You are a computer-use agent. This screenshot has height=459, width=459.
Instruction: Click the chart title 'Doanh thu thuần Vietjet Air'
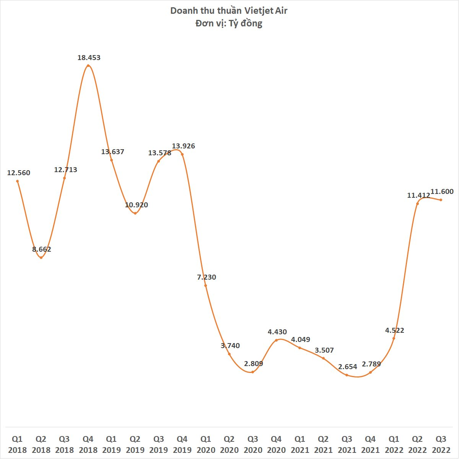tap(229, 10)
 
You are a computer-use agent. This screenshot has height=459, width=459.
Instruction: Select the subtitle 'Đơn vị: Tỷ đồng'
tap(229, 23)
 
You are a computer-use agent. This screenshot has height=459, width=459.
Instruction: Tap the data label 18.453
tap(89, 58)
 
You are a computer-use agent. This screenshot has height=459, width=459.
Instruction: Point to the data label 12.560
tap(18, 173)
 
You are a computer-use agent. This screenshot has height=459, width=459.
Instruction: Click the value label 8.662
tap(42, 249)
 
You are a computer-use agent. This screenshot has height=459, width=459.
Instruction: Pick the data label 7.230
tap(207, 277)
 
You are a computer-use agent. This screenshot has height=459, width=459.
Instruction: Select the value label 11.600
tap(442, 192)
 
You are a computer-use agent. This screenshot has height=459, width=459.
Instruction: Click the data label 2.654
tap(348, 367)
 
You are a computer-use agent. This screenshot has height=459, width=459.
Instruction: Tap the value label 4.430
tap(277, 332)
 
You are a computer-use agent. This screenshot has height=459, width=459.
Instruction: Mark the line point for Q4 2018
tap(88, 66)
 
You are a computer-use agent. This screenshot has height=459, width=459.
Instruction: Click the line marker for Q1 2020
tap(206, 285)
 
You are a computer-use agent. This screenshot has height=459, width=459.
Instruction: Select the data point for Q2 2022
tap(417, 203)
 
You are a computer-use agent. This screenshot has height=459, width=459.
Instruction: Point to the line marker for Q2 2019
tap(135, 213)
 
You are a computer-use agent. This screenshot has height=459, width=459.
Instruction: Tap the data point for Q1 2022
tap(394, 338)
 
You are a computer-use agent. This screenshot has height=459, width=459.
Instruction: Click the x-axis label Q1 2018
tap(17, 444)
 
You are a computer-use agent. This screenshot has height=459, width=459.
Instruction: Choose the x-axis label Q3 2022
tap(441, 444)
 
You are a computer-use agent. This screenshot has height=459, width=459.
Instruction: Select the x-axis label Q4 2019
tap(182, 444)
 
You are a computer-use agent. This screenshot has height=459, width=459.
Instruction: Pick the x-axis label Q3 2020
tap(253, 444)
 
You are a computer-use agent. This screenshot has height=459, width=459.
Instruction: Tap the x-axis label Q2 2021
tap(323, 444)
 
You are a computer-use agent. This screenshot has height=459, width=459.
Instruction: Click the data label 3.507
tap(324, 350)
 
